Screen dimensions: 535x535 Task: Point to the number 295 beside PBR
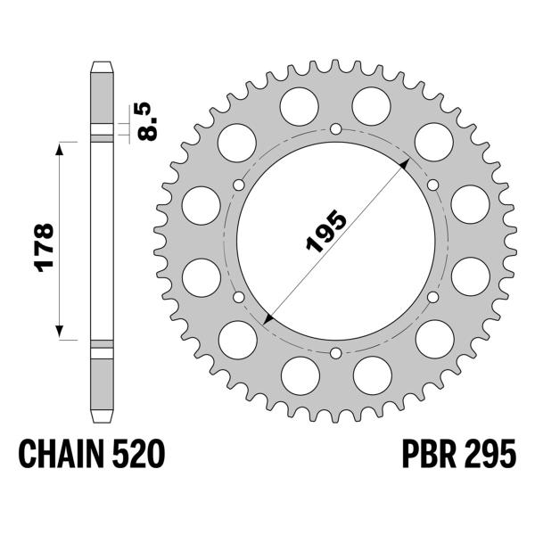[x=487, y=457]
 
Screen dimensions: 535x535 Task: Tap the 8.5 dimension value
[x=147, y=119]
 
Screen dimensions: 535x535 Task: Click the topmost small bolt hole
[x=335, y=130]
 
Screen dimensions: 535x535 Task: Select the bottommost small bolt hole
[x=335, y=355]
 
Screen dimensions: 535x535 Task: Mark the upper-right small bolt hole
[x=432, y=185]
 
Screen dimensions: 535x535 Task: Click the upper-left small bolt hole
[x=238, y=185]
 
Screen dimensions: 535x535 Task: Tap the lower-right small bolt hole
[x=432, y=298]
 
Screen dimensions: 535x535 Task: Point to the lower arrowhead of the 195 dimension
[x=267, y=319]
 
